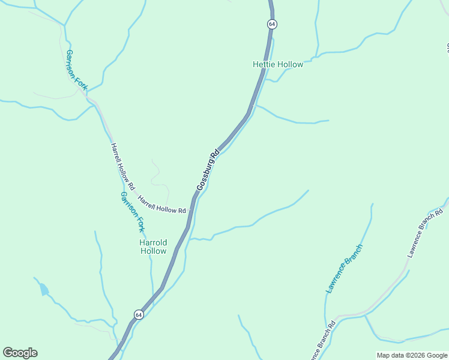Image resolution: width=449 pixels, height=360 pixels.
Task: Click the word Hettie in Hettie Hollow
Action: (264, 65)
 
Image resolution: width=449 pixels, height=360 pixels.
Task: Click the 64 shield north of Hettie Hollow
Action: (272, 24)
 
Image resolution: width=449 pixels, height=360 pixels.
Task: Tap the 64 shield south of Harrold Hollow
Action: (139, 314)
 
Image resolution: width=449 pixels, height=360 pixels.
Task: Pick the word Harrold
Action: (153, 242)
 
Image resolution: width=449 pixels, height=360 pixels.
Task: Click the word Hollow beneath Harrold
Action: (153, 251)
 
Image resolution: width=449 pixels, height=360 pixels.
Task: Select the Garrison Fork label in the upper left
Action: (77, 70)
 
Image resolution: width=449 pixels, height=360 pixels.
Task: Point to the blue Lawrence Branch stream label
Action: (345, 269)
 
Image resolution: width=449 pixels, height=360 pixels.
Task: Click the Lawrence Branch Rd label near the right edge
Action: (426, 233)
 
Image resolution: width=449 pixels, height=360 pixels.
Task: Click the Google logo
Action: (20, 353)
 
